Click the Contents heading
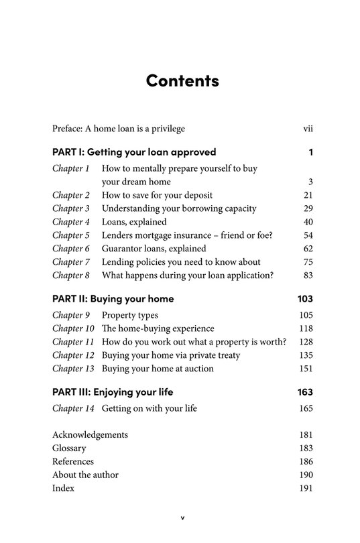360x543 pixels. pyautogui.click(x=182, y=80)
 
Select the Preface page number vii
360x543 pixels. pyautogui.click(x=308, y=128)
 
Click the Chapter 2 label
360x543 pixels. pyautogui.click(x=71, y=195)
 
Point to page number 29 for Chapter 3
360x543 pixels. pyautogui.click(x=308, y=208)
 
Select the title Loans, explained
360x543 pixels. pyautogui.click(x=134, y=222)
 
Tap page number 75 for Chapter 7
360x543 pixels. pyautogui.click(x=308, y=262)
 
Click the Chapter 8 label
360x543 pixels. pyautogui.click(x=71, y=276)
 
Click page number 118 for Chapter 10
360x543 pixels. pyautogui.click(x=306, y=328)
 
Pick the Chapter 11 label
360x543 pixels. pyautogui.click(x=73, y=342)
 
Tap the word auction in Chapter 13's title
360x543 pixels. pyautogui.click(x=197, y=369)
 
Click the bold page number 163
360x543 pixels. pyautogui.click(x=305, y=391)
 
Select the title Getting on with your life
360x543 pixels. pyautogui.click(x=149, y=408)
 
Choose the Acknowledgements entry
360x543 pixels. pyautogui.click(x=90, y=435)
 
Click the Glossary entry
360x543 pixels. pyautogui.click(x=70, y=448)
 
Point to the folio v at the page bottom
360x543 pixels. pyautogui.click(x=182, y=518)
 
